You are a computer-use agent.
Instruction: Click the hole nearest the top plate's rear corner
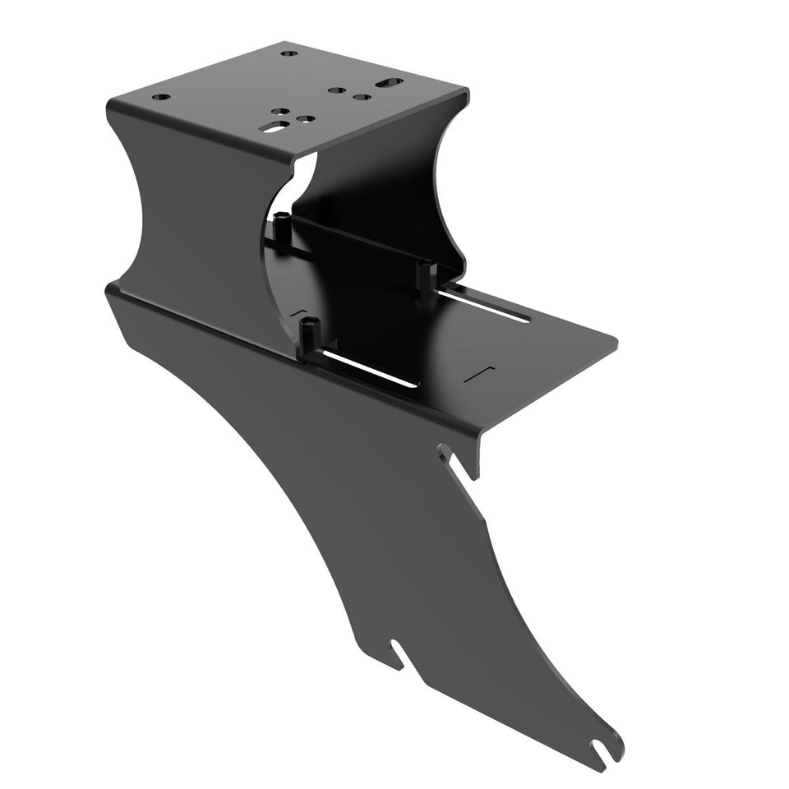(288, 53)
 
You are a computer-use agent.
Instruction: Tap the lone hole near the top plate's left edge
(162, 97)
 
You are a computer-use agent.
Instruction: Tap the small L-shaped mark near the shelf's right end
(480, 373)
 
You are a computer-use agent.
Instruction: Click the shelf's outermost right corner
(616, 339)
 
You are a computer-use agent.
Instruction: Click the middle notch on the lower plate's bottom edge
(398, 653)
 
